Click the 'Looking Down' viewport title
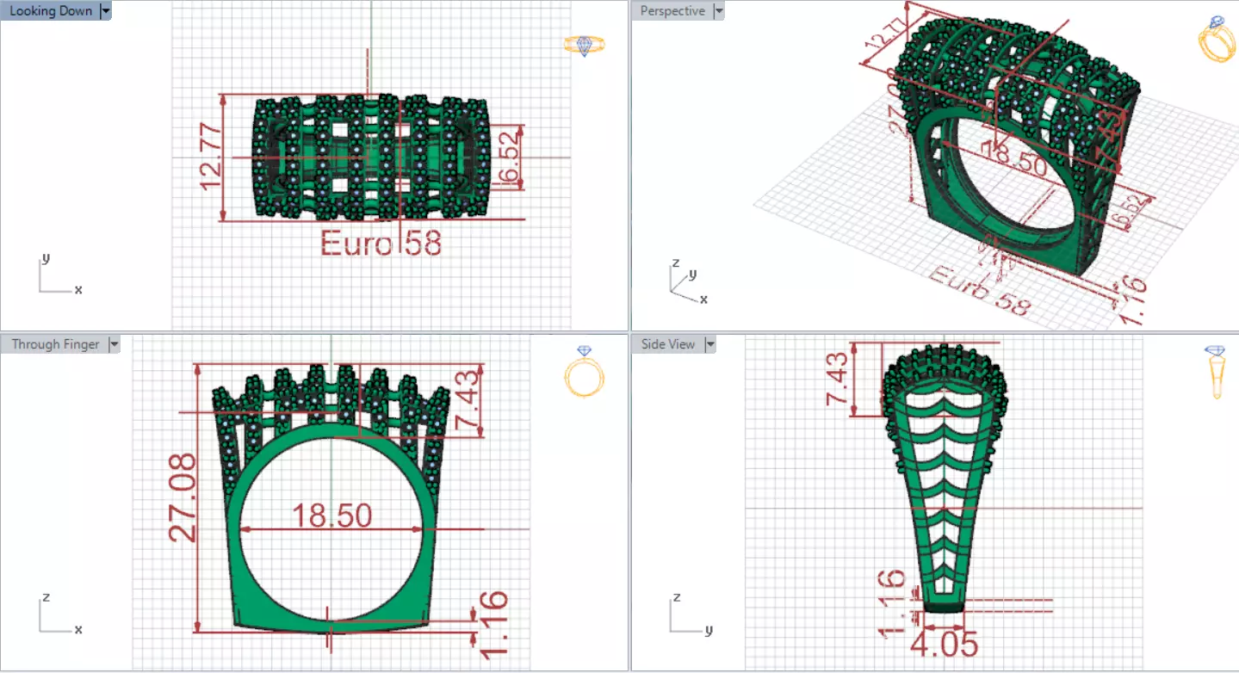(50, 11)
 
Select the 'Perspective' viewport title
(672, 11)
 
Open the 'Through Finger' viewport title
(56, 344)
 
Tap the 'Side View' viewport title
(668, 344)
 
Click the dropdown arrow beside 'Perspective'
(718, 11)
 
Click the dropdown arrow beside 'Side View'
(710, 344)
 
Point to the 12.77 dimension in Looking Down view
(210, 157)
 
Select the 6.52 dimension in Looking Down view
(509, 156)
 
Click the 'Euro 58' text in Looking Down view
(381, 244)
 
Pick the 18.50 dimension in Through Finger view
(331, 516)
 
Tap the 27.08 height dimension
(183, 498)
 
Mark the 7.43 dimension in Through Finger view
(467, 400)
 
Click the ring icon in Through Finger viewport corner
(585, 372)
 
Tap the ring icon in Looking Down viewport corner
(585, 45)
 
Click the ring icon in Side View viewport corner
(1216, 372)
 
